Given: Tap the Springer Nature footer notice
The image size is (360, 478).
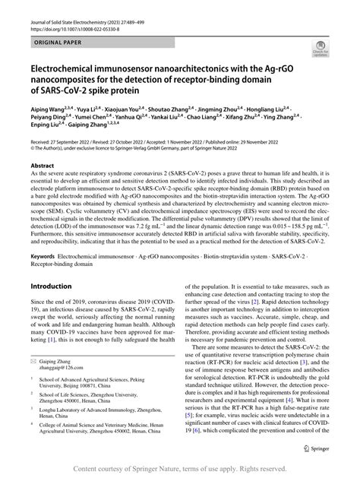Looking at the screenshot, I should pyautogui.click(x=180, y=467).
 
